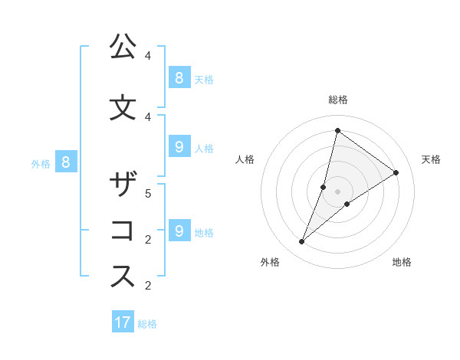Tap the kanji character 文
[123, 107]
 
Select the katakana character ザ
[123, 185]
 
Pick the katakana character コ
[123, 231]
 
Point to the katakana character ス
[123, 277]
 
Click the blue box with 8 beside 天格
[179, 77]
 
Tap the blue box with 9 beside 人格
[179, 147]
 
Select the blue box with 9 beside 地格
[179, 231]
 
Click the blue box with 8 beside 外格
[66, 162]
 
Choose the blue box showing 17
[123, 322]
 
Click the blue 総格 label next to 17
[147, 324]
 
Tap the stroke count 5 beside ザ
[148, 194]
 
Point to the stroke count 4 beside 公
[148, 56]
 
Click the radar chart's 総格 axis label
[337, 100]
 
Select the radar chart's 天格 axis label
[431, 159]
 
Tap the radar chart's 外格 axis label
[270, 262]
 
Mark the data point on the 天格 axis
[396, 173]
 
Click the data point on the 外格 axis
[301, 242]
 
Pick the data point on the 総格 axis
[337, 130]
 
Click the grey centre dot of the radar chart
[337, 191]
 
